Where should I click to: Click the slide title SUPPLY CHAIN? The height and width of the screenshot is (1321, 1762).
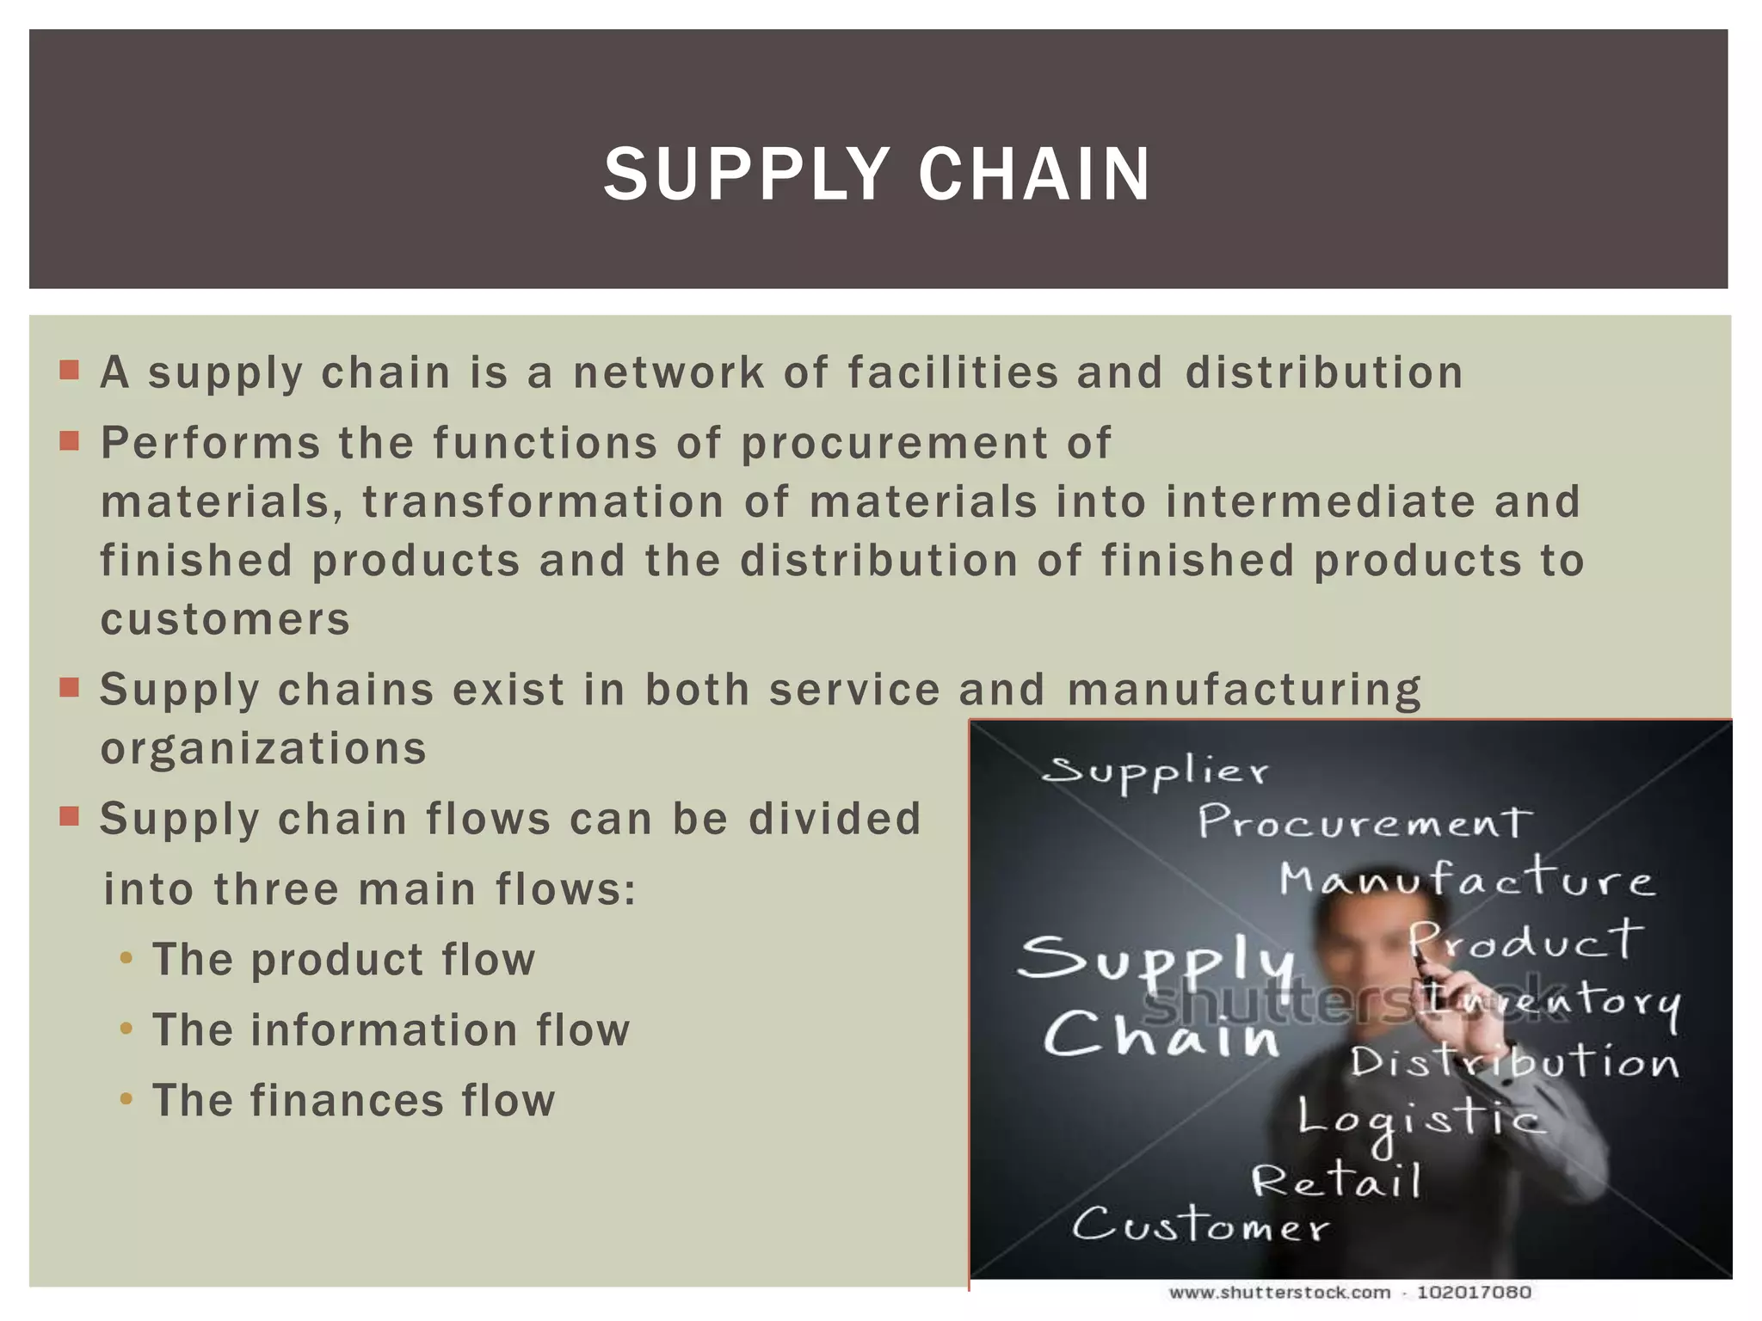coord(877,174)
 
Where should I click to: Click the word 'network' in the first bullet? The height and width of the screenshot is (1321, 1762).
coord(668,373)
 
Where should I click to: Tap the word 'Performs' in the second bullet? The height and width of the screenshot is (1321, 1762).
coord(211,444)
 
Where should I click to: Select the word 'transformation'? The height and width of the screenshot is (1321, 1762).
coord(543,502)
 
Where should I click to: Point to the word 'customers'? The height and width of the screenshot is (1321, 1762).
coord(225,619)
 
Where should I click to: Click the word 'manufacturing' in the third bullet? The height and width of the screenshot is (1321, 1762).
coord(1244,690)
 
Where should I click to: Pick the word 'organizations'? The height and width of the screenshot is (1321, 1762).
coord(263,748)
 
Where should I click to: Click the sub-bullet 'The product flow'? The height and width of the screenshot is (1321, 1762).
coord(343,960)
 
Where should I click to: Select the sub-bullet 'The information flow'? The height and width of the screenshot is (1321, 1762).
coord(391,1030)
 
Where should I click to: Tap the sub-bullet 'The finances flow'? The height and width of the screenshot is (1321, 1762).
coord(354,1101)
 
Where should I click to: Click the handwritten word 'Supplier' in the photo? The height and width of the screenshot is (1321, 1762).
coord(1155,771)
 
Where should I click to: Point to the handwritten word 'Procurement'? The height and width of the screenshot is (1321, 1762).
coord(1365,822)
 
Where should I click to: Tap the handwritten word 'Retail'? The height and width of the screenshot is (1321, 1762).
coord(1336,1180)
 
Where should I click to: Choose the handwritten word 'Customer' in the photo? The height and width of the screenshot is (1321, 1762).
coord(1200,1225)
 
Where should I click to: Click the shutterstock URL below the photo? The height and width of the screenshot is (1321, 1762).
coord(1279,1293)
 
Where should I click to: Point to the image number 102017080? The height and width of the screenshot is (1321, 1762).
coord(1474,1293)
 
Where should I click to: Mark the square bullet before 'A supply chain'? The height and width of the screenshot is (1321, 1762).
coord(70,371)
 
